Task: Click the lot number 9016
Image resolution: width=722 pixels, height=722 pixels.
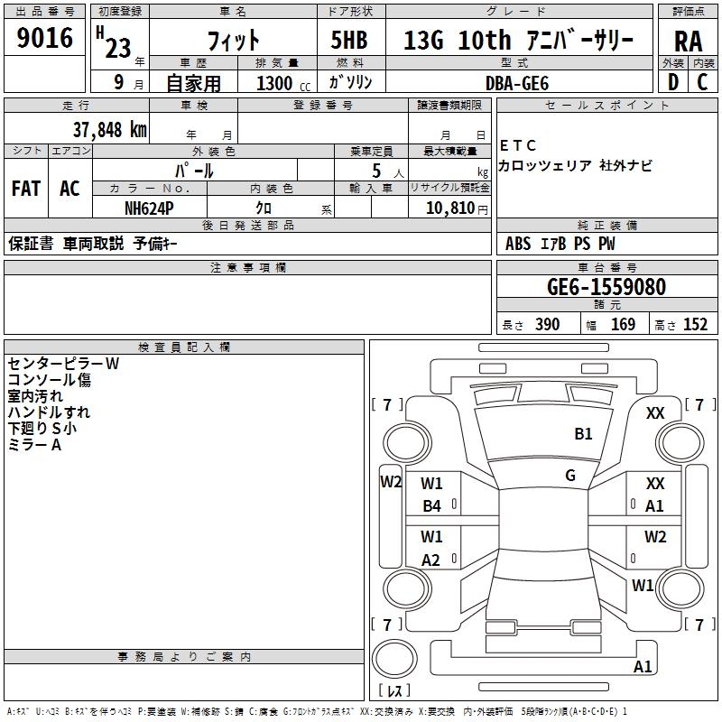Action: coord(45,38)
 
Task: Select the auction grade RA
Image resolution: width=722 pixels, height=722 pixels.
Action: coord(688,41)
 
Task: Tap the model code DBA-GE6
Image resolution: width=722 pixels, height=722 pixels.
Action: coord(517,83)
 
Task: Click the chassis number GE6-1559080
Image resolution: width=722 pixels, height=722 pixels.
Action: coord(606,287)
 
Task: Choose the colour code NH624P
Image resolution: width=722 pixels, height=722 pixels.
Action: coord(150,207)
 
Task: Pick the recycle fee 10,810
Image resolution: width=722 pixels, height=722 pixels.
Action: coord(444,207)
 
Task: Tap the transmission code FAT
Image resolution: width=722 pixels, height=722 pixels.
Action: coord(26,189)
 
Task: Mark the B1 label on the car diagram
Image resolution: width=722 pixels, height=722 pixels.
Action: coord(584,434)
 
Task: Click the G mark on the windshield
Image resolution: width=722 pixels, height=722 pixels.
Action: coord(570,475)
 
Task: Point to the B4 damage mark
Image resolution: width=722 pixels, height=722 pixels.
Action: coord(432,506)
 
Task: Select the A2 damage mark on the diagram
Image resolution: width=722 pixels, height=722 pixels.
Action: coord(431,560)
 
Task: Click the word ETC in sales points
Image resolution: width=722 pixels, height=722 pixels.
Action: coord(517,145)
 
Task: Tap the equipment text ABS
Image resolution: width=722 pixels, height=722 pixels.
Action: coord(518,244)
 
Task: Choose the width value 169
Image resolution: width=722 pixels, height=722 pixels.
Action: coord(623,325)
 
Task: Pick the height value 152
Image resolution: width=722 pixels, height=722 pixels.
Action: coord(695,325)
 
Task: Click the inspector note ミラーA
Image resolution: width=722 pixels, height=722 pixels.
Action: coord(34,445)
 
